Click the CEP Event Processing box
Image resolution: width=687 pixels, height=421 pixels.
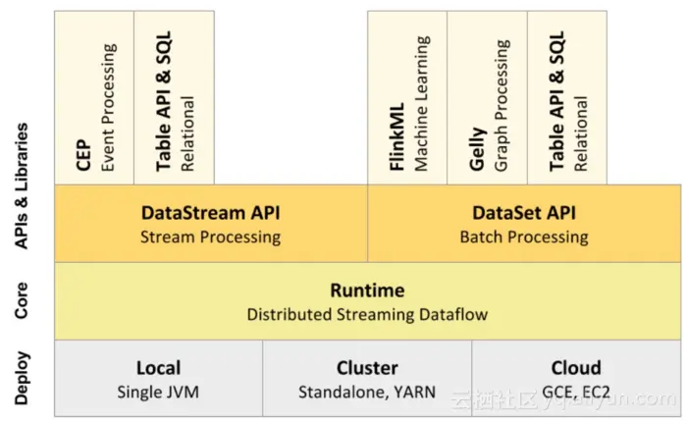[94, 98]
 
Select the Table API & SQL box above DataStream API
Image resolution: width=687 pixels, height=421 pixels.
[174, 98]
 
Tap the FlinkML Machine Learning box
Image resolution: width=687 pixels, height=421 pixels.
[407, 98]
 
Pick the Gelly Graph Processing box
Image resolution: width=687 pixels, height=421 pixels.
[487, 98]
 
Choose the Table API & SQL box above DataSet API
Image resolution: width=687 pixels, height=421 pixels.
[567, 98]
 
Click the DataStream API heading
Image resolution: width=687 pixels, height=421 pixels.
[210, 213]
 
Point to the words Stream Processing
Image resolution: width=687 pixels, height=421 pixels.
[210, 237]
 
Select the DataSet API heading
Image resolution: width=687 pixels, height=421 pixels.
[524, 213]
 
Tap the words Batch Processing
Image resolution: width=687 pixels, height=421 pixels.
[524, 237]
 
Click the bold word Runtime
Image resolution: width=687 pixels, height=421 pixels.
[367, 290]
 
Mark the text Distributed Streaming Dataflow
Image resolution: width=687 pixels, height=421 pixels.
[367, 314]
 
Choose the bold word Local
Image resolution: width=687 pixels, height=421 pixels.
[158, 368]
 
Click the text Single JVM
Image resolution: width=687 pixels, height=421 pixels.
[158, 392]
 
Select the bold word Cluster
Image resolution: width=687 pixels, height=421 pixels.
[367, 368]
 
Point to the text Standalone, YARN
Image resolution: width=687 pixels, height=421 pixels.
[367, 392]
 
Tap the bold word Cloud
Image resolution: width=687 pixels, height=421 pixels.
[576, 368]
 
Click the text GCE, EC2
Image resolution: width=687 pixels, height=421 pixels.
[576, 392]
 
